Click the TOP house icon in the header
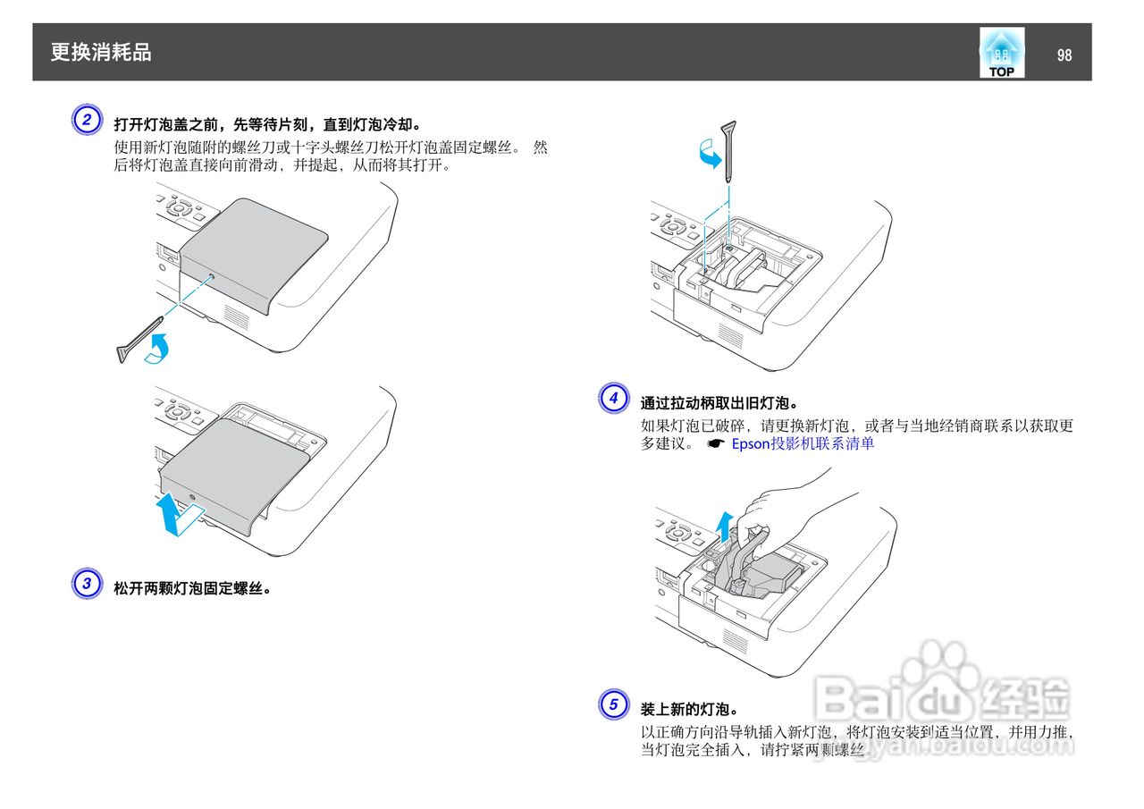pyautogui.click(x=1001, y=53)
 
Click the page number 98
pyautogui.click(x=1064, y=55)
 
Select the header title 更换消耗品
pyautogui.click(x=101, y=53)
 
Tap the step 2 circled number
pyautogui.click(x=86, y=121)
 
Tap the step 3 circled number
pyautogui.click(x=86, y=586)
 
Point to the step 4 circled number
pyautogui.click(x=613, y=398)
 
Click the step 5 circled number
pyautogui.click(x=613, y=705)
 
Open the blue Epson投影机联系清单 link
pyautogui.click(x=803, y=443)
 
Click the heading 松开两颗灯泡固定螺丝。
pyautogui.click(x=192, y=588)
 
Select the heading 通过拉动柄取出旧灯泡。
pyautogui.click(x=719, y=403)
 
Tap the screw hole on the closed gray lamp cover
pyautogui.click(x=210, y=278)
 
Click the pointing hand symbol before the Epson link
pyautogui.click(x=714, y=443)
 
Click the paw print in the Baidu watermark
pyautogui.click(x=935, y=667)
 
